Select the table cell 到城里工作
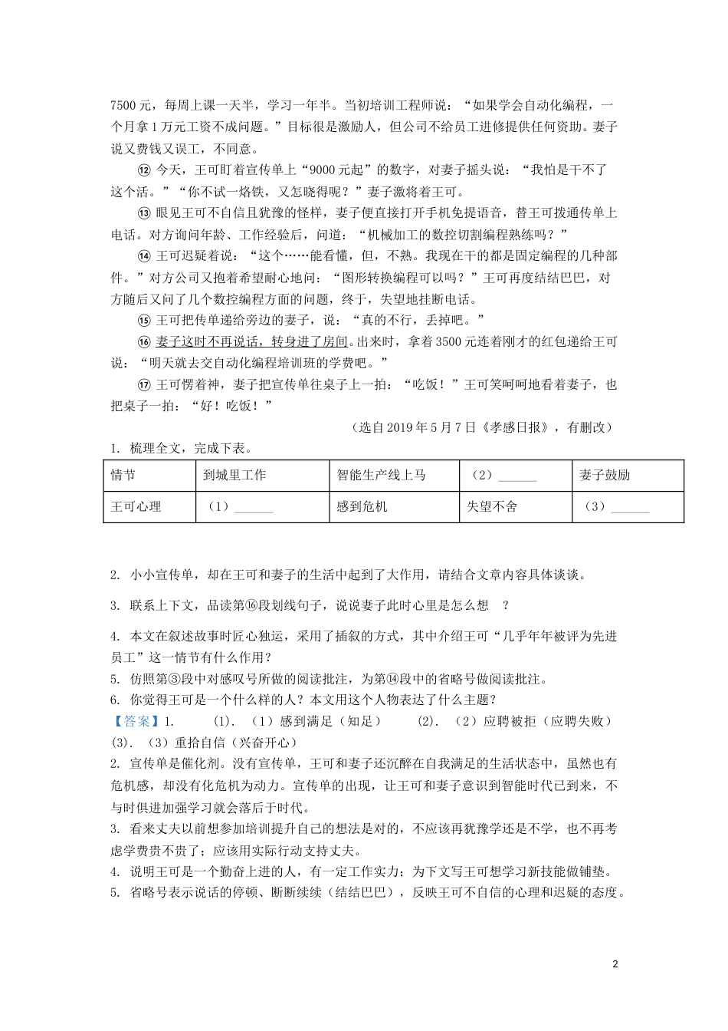(234, 476)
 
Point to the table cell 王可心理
(136, 507)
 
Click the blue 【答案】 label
(133, 722)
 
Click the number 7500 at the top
(124, 106)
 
